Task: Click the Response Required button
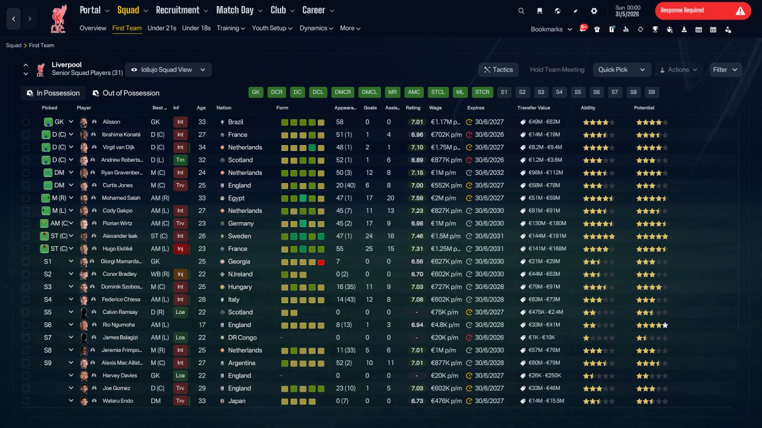click(703, 11)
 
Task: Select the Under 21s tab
click(161, 28)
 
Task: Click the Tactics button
click(498, 70)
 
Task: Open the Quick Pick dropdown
click(622, 70)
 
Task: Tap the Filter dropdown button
click(725, 70)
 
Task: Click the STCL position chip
click(438, 92)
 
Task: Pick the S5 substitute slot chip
click(577, 92)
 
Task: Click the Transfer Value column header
click(533, 108)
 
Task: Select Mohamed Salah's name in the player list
click(121, 198)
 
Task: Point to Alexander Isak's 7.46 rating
click(417, 236)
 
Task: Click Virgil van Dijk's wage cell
click(445, 147)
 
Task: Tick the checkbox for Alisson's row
click(26, 122)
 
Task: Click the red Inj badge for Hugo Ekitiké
click(180, 248)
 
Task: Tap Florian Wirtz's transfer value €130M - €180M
click(547, 224)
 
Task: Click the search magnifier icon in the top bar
click(521, 11)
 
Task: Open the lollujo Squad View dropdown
click(168, 70)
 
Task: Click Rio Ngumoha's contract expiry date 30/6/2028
click(489, 325)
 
